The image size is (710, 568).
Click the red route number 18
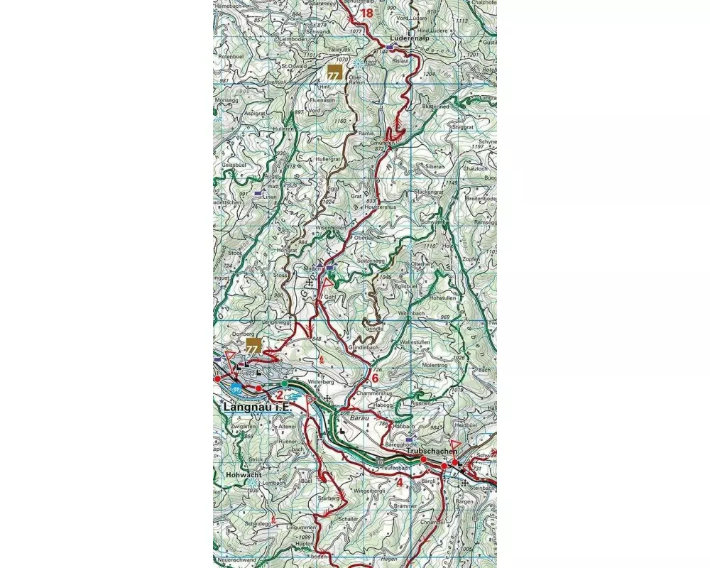pyautogui.click(x=366, y=13)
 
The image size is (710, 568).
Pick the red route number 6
pyautogui.click(x=375, y=378)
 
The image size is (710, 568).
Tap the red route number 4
pyautogui.click(x=400, y=483)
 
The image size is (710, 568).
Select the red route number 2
pyautogui.click(x=280, y=395)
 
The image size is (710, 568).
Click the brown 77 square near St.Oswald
pyautogui.click(x=334, y=72)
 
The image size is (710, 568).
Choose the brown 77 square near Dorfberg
pyautogui.click(x=253, y=346)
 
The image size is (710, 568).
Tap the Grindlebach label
pyautogui.click(x=366, y=348)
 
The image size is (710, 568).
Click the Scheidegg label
pyautogui.click(x=258, y=523)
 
